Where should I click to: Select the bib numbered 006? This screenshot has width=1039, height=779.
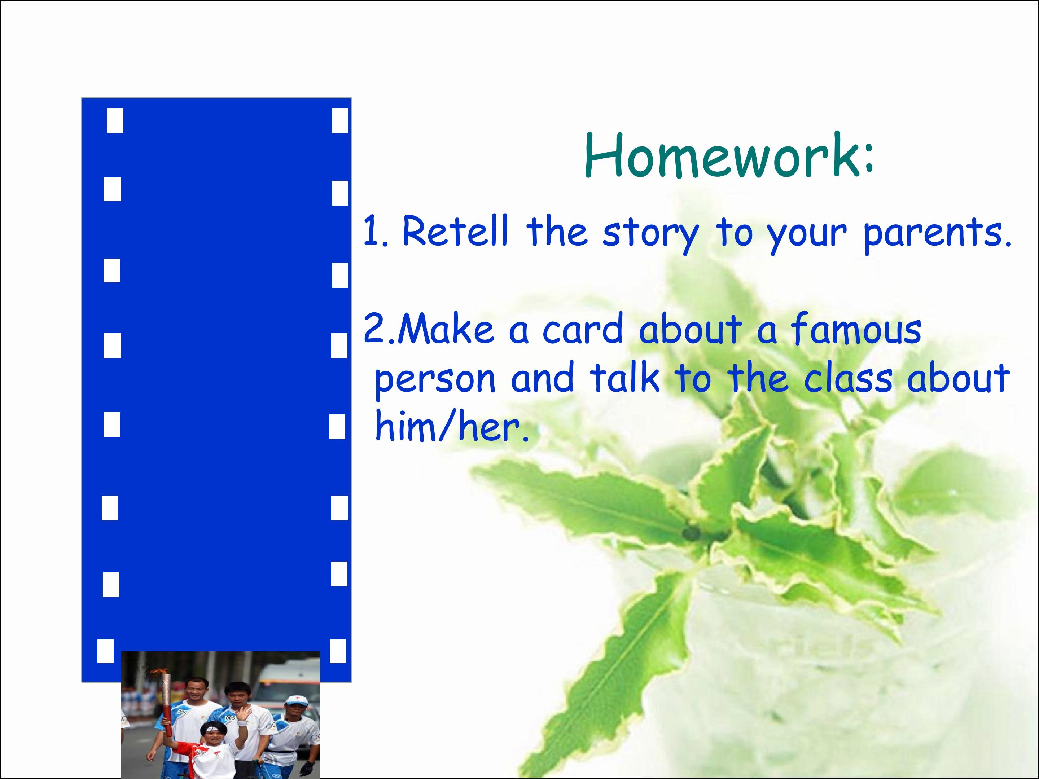pos(181,712)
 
